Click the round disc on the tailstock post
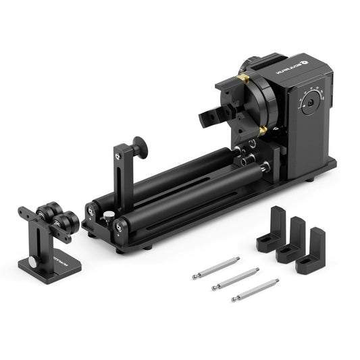point(139,147)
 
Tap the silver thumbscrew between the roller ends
point(107,215)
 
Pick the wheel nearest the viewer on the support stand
point(66,222)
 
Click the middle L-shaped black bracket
point(291,240)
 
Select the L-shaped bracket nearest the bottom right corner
point(311,251)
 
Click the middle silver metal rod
point(235,278)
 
